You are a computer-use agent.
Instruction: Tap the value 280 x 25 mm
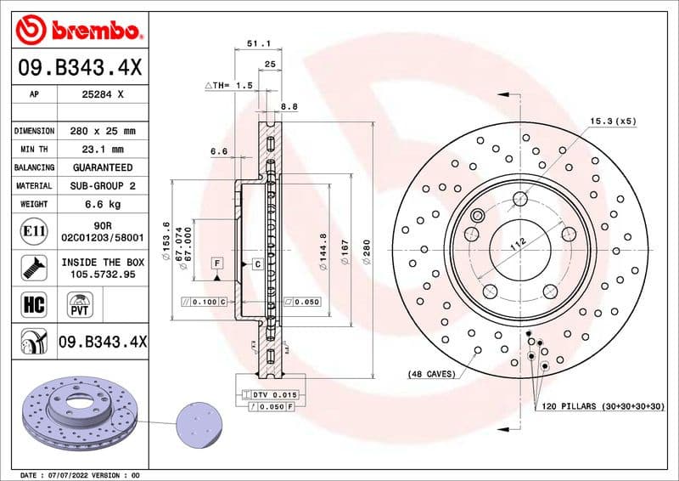pyautogui.click(x=101, y=131)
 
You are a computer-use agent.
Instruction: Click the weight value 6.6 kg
pyautogui.click(x=102, y=204)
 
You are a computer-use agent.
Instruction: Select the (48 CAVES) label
pyautogui.click(x=431, y=374)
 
